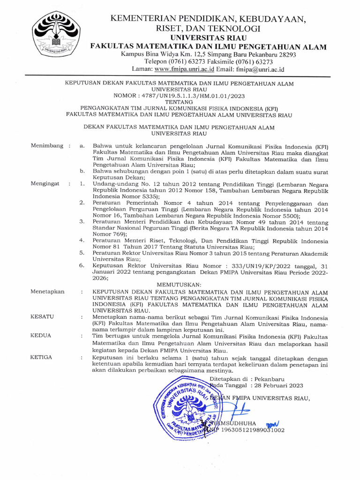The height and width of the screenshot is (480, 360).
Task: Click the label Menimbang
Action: click(x=47, y=146)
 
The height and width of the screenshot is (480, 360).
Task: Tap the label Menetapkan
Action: click(x=47, y=292)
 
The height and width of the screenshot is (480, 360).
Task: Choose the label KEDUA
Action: click(x=41, y=336)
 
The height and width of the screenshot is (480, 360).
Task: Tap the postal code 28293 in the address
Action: click(x=286, y=55)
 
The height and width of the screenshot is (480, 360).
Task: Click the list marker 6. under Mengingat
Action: click(x=82, y=265)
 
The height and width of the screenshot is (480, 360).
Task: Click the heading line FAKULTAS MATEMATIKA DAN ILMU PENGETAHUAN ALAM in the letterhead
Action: click(x=209, y=46)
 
